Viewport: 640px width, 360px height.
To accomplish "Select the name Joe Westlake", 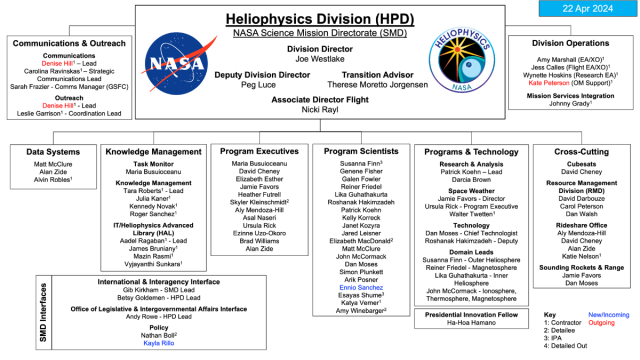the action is pos(319,58).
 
